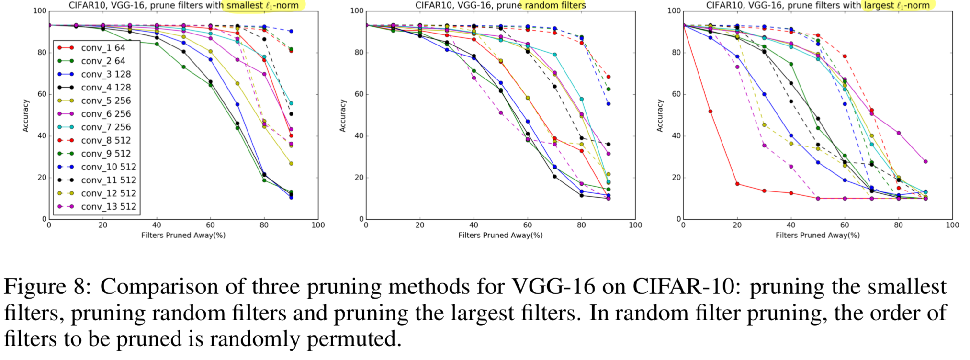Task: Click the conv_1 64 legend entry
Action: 103,48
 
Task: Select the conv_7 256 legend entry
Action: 106,127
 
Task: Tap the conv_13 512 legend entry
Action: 108,207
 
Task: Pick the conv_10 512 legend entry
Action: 108,167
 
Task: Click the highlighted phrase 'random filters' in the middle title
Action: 555,5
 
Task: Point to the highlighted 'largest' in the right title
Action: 878,5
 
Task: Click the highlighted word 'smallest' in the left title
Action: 245,5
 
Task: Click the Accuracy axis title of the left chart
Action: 26,116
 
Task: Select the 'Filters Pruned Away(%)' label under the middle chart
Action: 500,235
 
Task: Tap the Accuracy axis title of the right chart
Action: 660,116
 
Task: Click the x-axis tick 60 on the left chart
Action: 210,225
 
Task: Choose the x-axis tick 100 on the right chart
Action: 952,225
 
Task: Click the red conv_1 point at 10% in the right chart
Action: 711,112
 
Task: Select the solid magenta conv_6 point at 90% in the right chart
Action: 925,162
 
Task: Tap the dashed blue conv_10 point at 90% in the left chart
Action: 291,32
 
